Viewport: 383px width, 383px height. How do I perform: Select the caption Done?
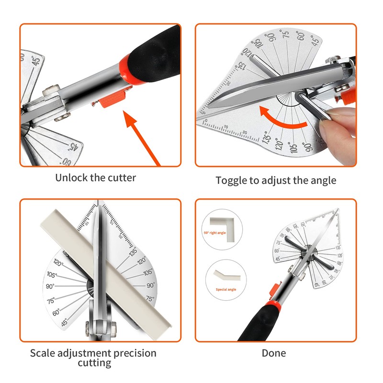[x=274, y=353]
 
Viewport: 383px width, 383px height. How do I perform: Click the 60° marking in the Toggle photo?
[x=301, y=35]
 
